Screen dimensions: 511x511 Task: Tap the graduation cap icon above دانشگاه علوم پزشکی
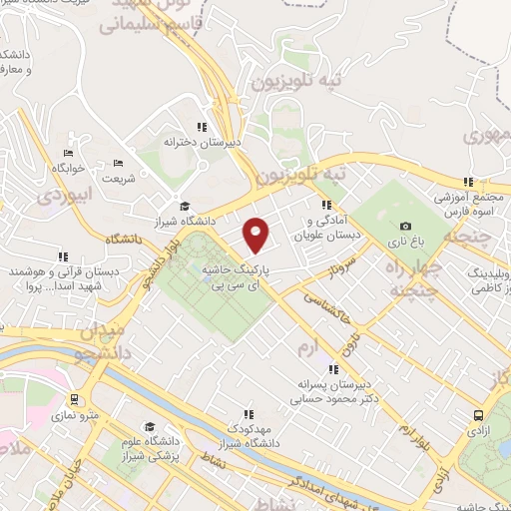149,425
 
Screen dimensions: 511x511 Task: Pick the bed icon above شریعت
118,163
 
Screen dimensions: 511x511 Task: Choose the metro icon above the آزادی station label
480,415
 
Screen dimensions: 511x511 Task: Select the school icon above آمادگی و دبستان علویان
324,206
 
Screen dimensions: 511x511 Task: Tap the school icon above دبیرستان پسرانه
333,370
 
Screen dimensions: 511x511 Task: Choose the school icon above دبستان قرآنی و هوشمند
63,256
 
